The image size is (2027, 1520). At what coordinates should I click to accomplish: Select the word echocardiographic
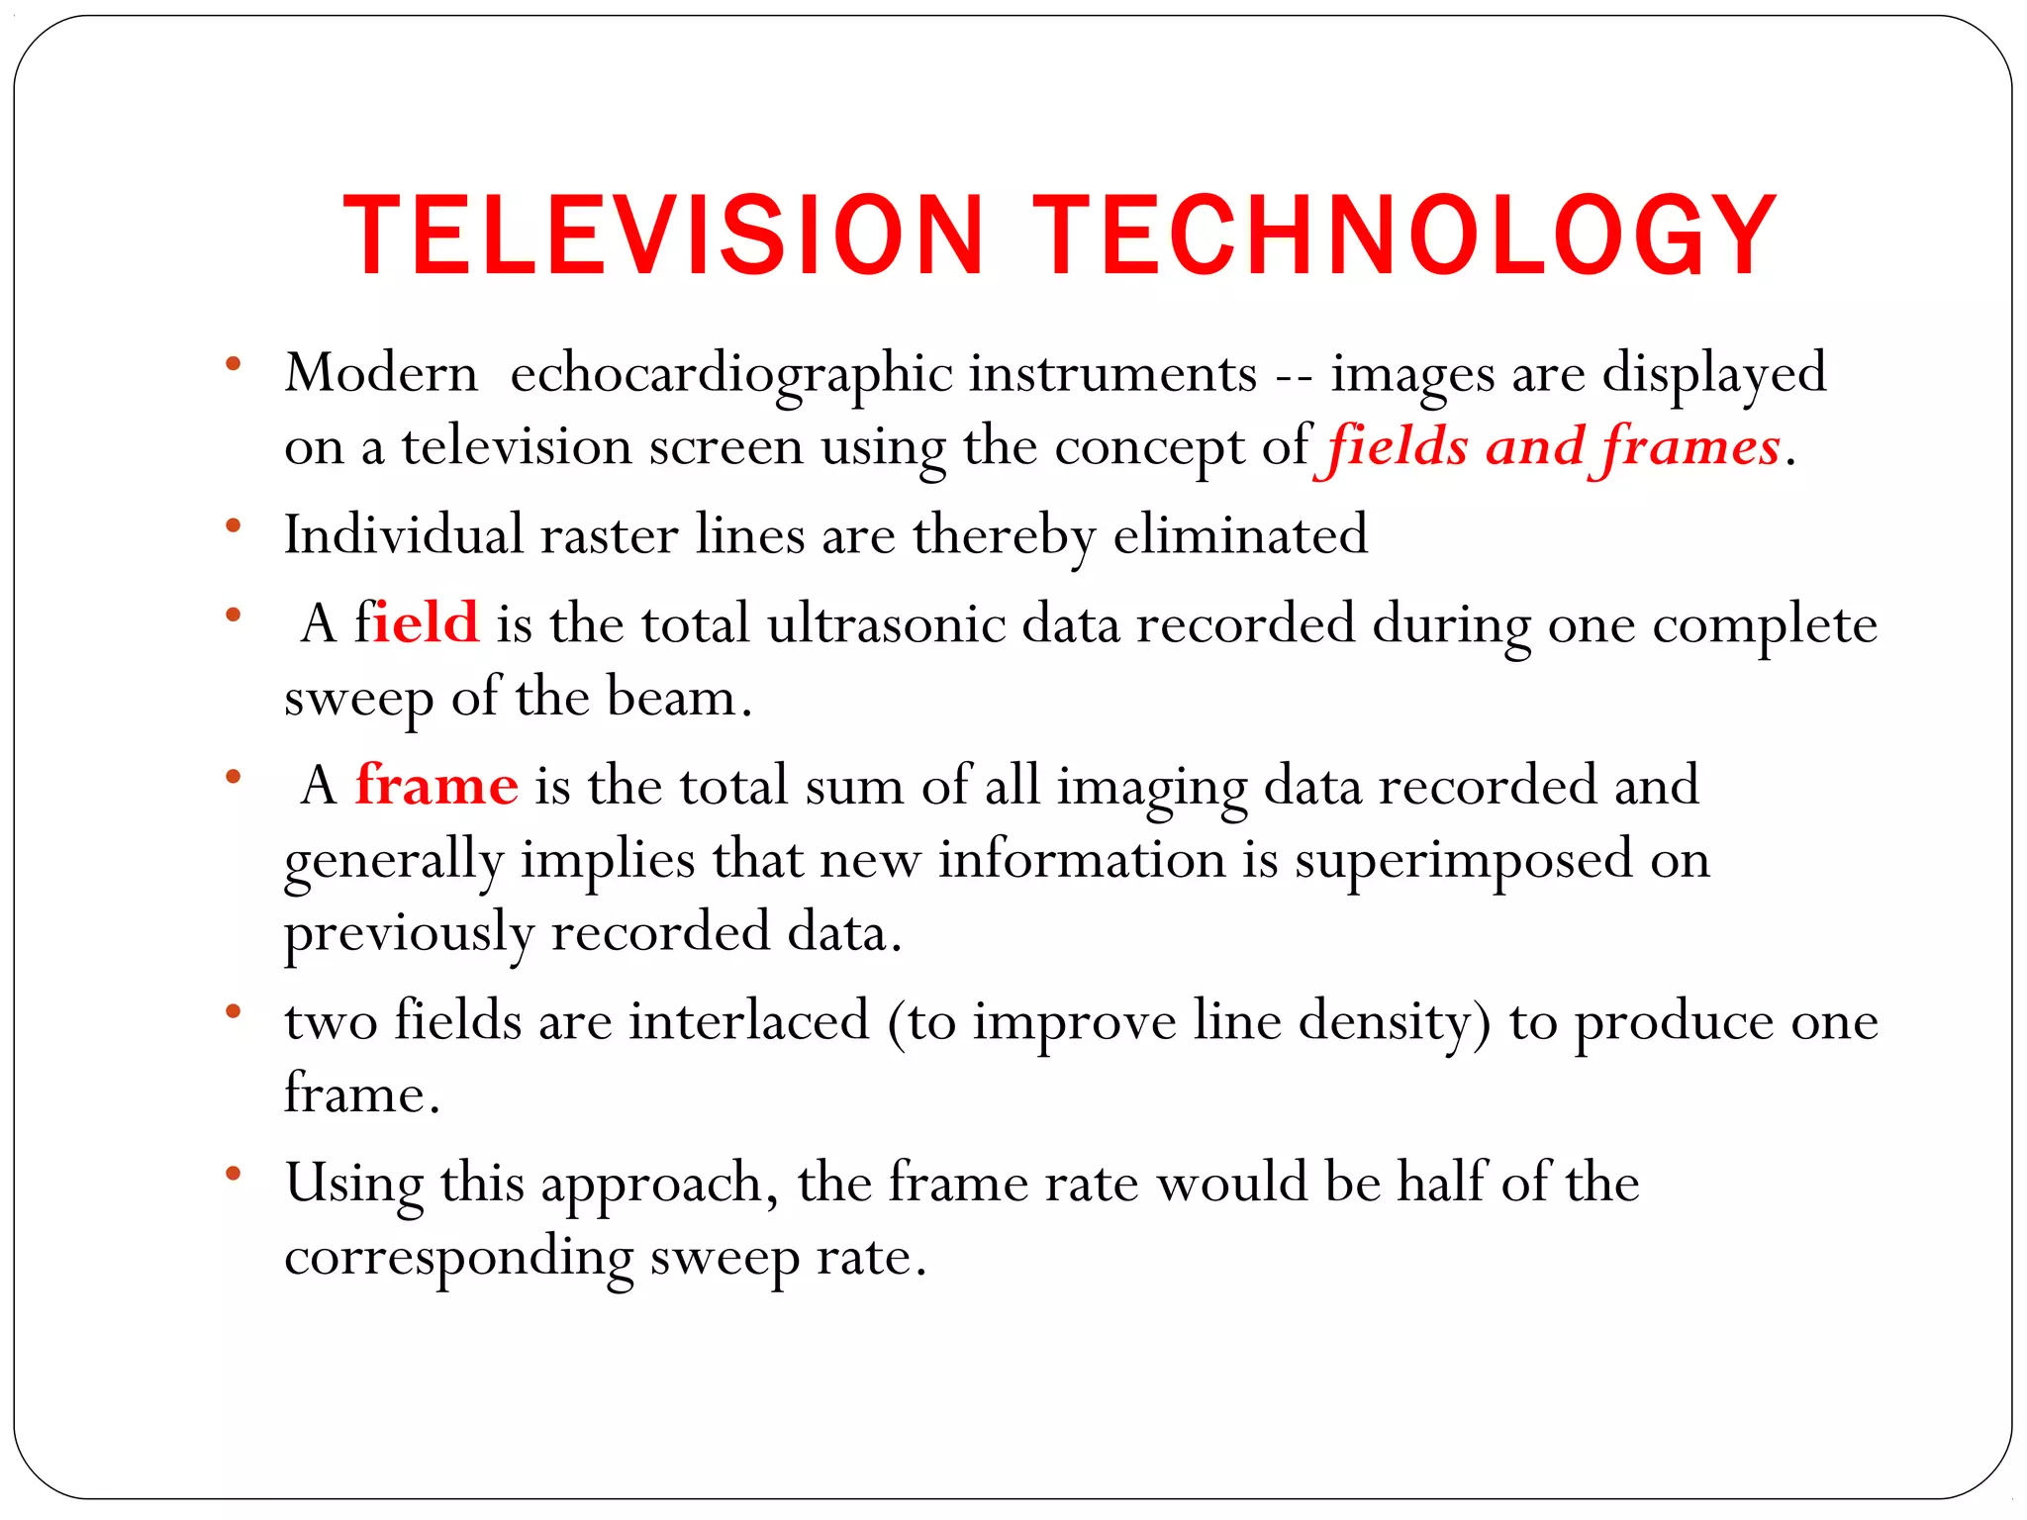coord(731,375)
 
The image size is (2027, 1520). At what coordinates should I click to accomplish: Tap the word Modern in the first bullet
coord(381,375)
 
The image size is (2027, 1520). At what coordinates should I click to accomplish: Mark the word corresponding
coord(458,1259)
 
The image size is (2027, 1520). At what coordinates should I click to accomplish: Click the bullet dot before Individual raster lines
coord(234,525)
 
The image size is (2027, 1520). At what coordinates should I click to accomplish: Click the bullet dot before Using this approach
coord(234,1174)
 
